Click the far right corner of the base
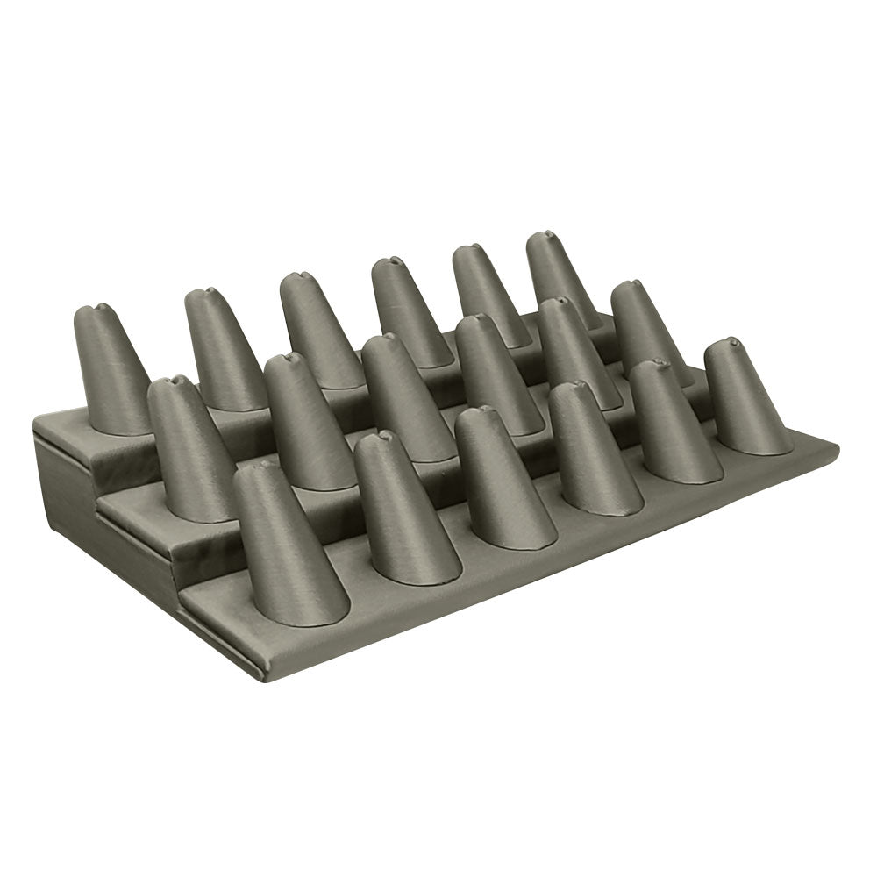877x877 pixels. (836, 449)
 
